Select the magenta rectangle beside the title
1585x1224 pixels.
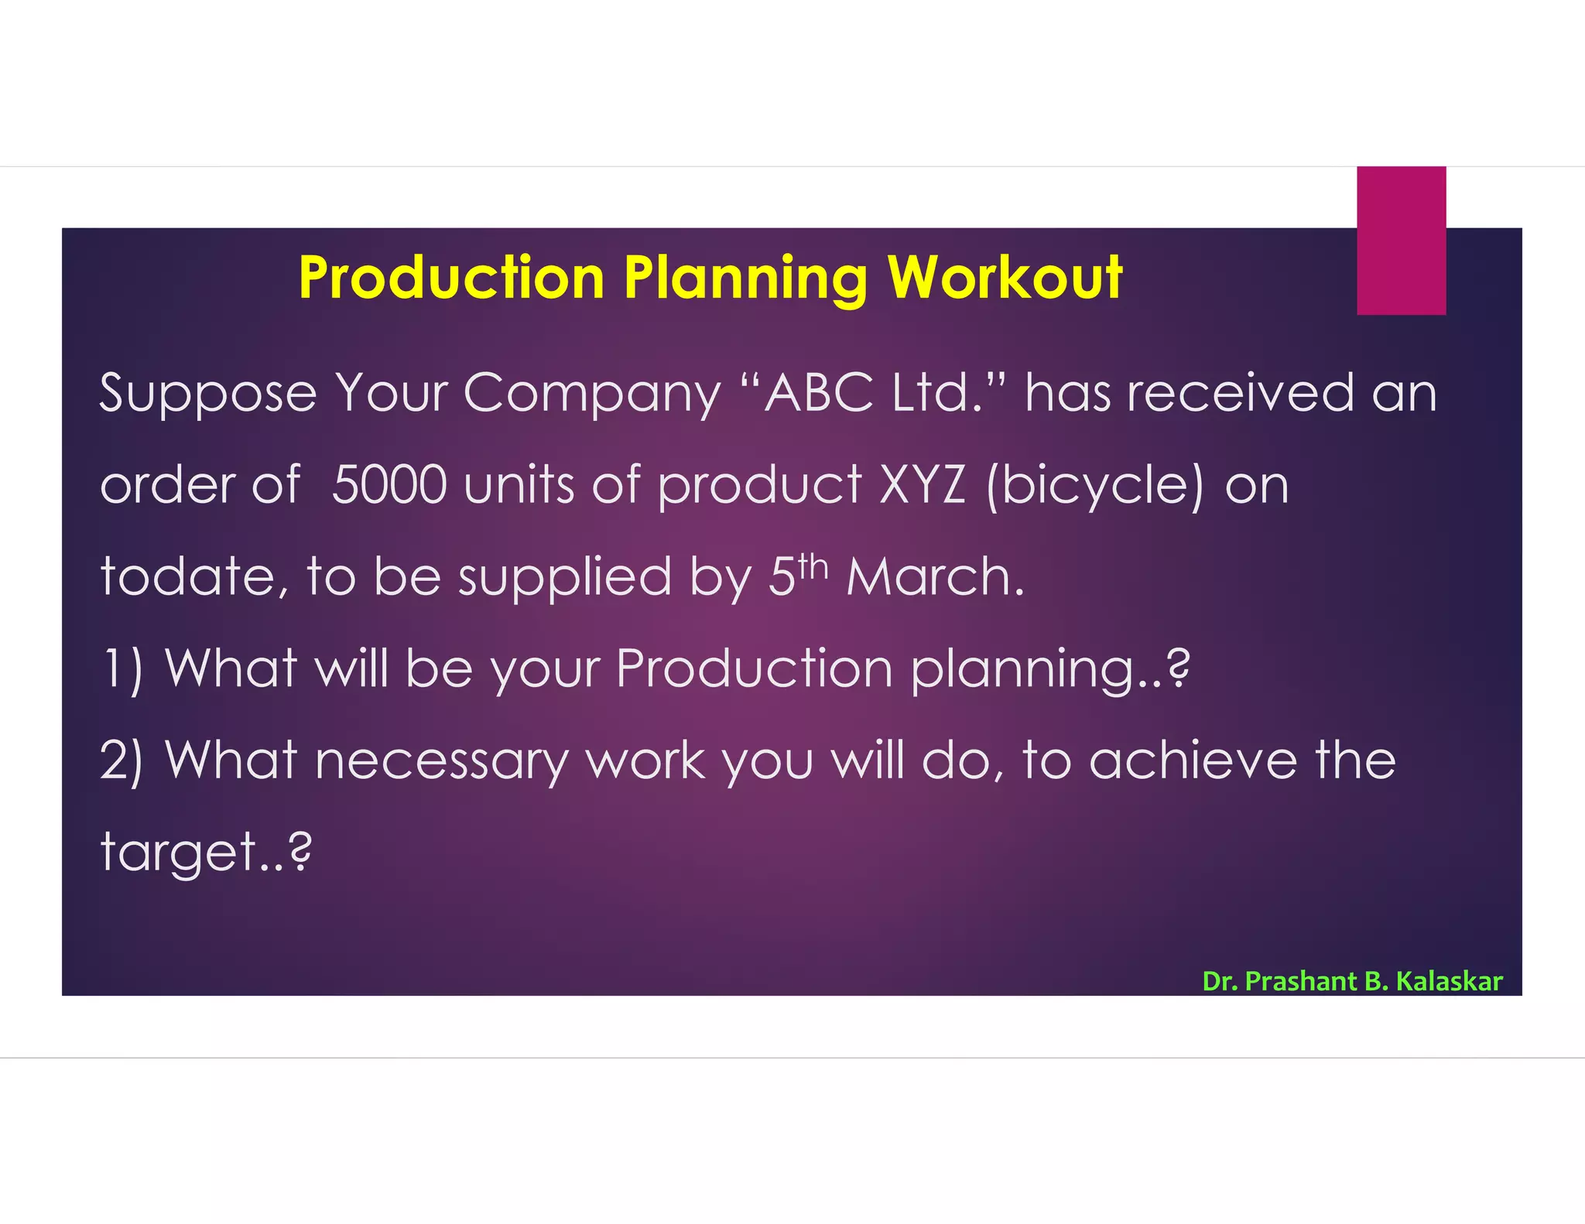click(x=1401, y=241)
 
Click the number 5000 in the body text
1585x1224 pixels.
click(x=389, y=485)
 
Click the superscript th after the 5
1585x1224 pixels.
click(x=813, y=567)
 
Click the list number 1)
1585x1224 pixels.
click(x=122, y=668)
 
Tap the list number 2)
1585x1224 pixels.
click(x=122, y=761)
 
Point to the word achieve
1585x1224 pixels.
click(x=1193, y=761)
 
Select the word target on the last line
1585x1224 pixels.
click(x=180, y=853)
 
